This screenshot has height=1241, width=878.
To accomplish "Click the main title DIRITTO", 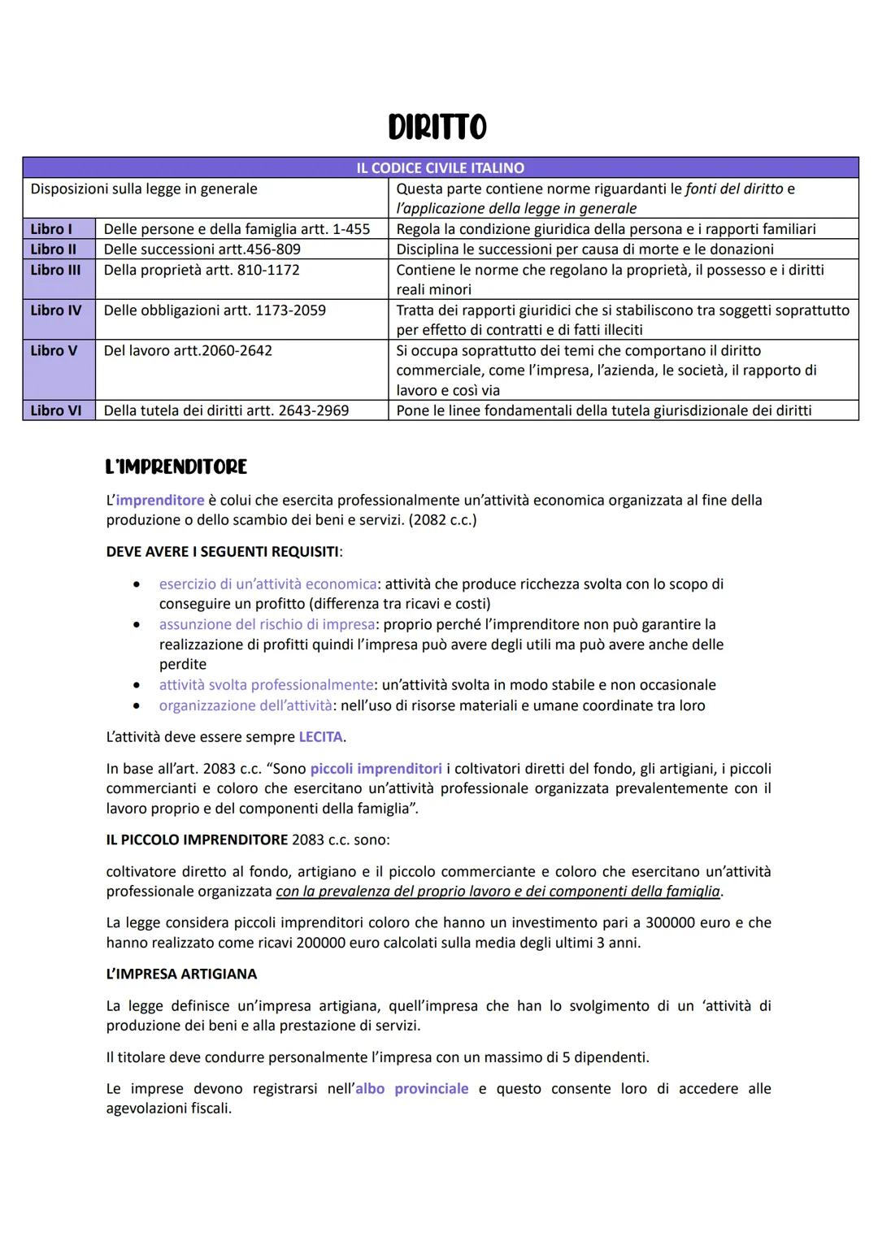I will pos(437,128).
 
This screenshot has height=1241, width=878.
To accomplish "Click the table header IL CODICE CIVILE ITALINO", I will pos(440,168).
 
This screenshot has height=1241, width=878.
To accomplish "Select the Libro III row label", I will pos(55,270).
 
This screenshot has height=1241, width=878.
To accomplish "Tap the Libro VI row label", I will pos(56,410).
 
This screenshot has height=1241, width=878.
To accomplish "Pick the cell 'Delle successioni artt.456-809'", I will pos(202,250).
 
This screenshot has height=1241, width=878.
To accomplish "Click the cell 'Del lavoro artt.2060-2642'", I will pos(188,350).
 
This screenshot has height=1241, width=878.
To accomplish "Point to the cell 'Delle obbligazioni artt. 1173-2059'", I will pos(215,310).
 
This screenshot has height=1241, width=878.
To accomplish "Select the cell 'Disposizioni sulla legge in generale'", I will pos(144,189).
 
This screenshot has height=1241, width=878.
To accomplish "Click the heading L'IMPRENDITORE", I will pos(176,467).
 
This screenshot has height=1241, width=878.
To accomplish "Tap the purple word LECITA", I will pos(320,737).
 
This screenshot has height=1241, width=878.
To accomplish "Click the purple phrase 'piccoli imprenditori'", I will pos(376,769).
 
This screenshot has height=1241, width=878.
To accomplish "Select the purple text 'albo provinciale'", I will pos(411,1089).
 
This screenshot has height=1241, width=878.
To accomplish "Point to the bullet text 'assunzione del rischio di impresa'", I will pos(267,624).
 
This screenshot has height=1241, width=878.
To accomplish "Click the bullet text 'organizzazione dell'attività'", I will pos(246,705).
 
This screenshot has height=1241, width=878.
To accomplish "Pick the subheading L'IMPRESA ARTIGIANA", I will pos(181,974).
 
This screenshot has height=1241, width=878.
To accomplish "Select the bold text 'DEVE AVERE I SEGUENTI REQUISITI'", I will pos(222,552).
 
